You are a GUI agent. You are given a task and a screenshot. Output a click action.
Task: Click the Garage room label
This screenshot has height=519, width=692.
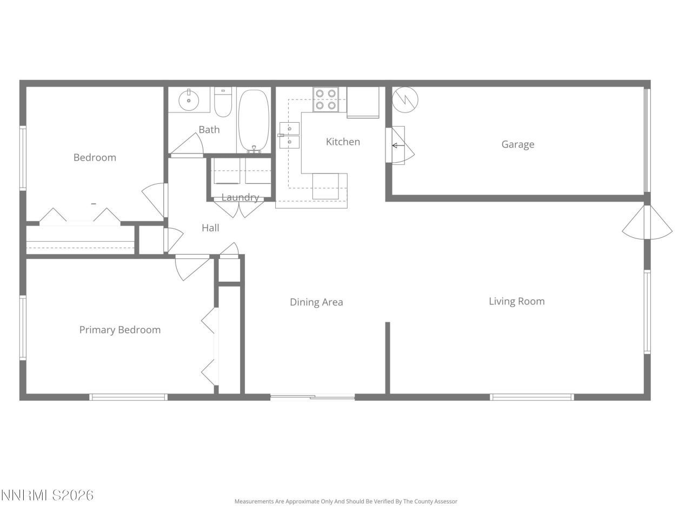[x=517, y=144]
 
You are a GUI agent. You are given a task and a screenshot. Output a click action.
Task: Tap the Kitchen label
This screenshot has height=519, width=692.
[x=343, y=142]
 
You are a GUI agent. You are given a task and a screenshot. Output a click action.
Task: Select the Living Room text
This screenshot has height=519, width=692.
[x=516, y=301]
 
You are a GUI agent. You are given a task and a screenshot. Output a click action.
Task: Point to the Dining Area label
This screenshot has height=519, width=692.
[x=316, y=302]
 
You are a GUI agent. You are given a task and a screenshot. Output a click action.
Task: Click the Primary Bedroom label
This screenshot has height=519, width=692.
[x=119, y=330]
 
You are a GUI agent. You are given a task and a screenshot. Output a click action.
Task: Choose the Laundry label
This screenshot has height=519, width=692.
[x=240, y=197]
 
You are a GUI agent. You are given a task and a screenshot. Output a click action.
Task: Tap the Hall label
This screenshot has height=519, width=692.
[x=210, y=228]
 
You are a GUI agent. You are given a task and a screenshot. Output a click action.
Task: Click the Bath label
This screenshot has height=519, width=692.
[x=209, y=130]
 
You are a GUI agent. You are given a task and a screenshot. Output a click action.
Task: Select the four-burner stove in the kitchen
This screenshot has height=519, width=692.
[x=326, y=99]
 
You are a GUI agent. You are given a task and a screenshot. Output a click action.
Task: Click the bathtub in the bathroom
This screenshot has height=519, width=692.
[x=254, y=121]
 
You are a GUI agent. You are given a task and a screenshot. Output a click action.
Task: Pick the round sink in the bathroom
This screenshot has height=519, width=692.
[x=189, y=100]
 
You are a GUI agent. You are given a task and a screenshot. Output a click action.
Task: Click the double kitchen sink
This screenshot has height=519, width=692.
[x=289, y=135]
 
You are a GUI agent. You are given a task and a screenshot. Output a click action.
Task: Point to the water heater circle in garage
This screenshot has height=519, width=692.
[x=405, y=99]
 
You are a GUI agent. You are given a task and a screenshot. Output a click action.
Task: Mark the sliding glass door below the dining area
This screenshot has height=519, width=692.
[x=312, y=397]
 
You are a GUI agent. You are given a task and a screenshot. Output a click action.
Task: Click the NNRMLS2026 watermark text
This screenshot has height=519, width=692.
[x=47, y=495]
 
